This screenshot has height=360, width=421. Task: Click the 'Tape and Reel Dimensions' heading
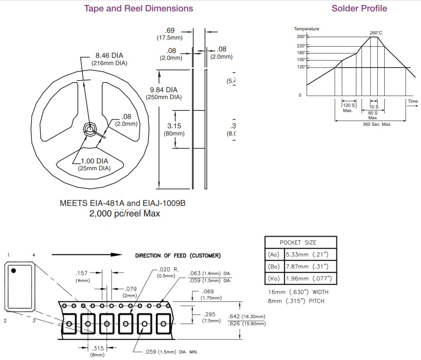tap(138, 8)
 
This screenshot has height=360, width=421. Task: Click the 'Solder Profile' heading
tap(359, 8)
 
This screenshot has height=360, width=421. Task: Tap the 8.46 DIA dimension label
tap(109, 55)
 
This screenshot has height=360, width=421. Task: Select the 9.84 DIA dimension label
tap(164, 90)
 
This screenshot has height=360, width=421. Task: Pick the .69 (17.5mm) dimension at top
tap(170, 31)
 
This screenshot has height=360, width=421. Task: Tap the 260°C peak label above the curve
tap(376, 33)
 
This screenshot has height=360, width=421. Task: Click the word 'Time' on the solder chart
tap(413, 101)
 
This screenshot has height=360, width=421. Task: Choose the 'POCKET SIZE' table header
tap(300, 242)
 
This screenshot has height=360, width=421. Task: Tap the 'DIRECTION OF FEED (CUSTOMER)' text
tap(178, 255)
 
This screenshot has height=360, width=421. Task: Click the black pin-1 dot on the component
tap(13, 271)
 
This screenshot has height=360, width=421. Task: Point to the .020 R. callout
tap(169, 269)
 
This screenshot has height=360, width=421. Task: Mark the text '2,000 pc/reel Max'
tap(124, 213)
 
